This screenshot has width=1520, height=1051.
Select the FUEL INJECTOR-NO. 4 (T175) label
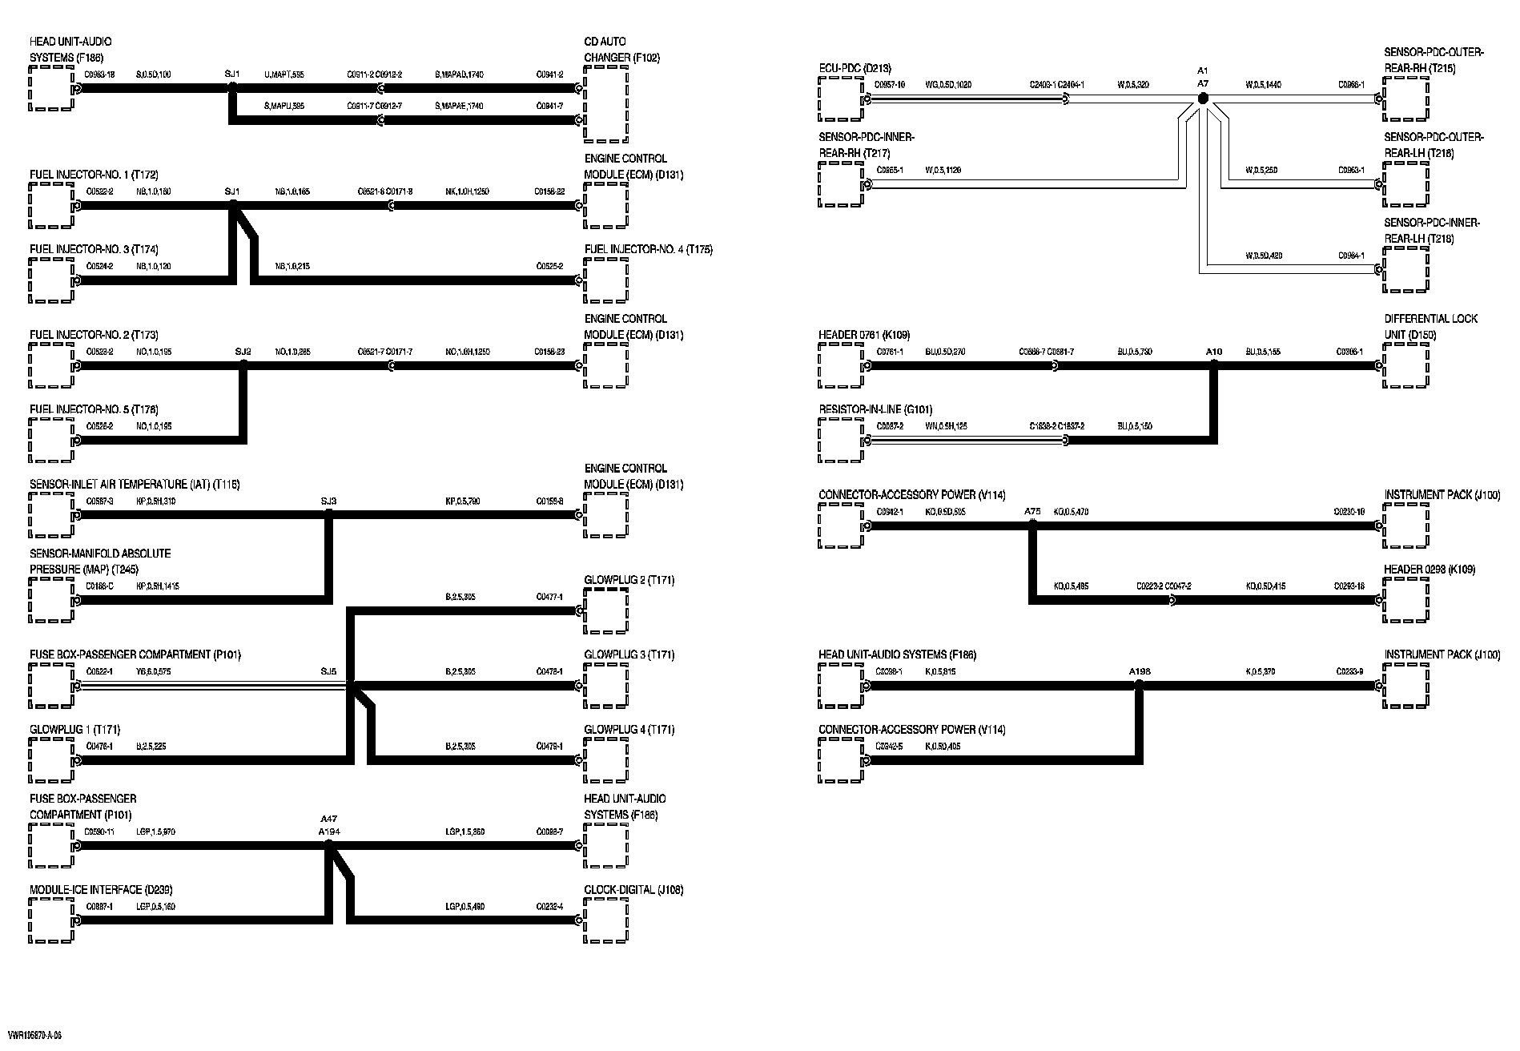tap(648, 250)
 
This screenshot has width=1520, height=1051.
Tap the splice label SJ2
tap(243, 352)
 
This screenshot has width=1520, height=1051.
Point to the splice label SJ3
tap(328, 501)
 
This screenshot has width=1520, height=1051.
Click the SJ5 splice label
tap(328, 671)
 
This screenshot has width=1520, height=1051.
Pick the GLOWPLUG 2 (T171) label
tap(629, 580)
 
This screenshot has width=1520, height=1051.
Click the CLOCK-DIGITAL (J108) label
tap(633, 890)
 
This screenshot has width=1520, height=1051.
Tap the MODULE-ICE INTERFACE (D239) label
tap(101, 890)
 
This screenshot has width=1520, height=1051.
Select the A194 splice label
tap(329, 832)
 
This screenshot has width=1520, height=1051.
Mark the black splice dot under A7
tap(1202, 99)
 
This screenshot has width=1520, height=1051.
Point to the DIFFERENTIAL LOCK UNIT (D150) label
tap(1430, 327)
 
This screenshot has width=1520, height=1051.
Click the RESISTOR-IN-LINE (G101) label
tap(875, 409)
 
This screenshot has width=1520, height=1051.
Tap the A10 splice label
tap(1214, 352)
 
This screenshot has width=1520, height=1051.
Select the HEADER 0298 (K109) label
tap(1430, 570)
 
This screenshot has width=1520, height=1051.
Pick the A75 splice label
tap(1032, 511)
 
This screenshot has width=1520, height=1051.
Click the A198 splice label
tap(1139, 671)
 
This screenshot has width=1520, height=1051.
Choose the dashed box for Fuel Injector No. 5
tap(51, 440)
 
